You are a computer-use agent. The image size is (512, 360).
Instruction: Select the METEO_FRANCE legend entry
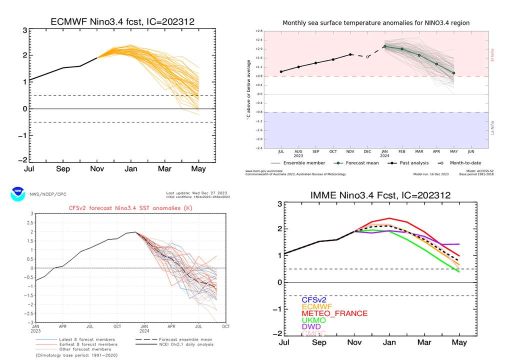[x=334, y=313]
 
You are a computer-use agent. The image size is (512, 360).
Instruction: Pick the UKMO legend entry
[x=314, y=320]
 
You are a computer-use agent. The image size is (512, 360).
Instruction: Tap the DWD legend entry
[x=312, y=327]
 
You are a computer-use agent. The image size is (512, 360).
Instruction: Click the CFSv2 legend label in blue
[x=314, y=299]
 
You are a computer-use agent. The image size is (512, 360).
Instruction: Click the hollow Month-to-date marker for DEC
[x=367, y=56]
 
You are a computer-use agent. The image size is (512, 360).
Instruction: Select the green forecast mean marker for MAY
[x=453, y=73]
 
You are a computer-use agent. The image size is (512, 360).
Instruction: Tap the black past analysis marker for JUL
[x=281, y=71]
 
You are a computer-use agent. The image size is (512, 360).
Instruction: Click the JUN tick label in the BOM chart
[x=470, y=150]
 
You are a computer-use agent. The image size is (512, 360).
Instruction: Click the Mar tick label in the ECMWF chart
[x=165, y=169]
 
